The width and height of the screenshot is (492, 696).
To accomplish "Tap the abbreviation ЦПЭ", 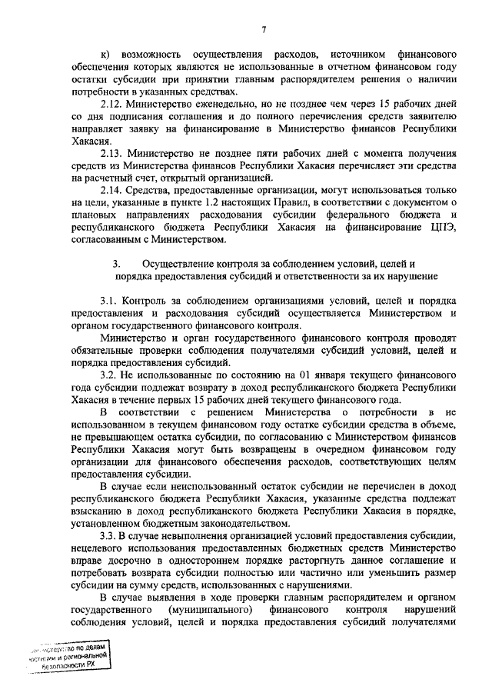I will point(444,227).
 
